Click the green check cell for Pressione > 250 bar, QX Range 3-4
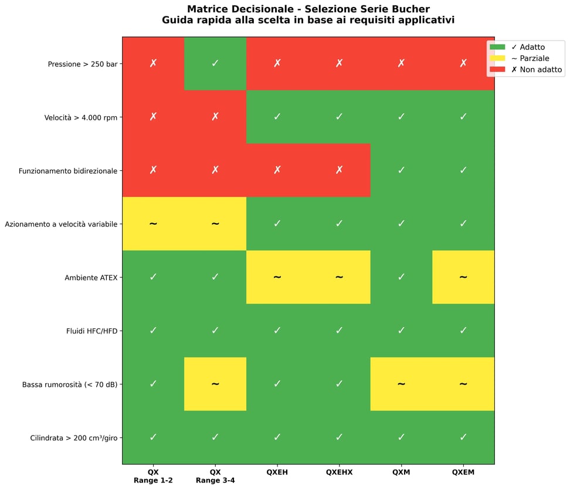(215, 63)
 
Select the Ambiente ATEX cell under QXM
(401, 277)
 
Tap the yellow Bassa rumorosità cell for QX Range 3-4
(215, 384)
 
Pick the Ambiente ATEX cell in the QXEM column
(463, 277)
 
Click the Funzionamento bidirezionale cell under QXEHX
(339, 170)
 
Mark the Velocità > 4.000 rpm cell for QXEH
(277, 117)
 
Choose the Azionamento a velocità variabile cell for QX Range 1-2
(153, 224)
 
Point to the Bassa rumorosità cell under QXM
(401, 384)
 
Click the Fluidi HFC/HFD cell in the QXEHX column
(339, 331)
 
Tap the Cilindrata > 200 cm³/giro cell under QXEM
(463, 437)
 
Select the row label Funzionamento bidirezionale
(68, 171)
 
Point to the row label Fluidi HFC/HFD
(92, 331)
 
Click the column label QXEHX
(339, 472)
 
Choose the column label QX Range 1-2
(153, 475)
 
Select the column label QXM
(401, 472)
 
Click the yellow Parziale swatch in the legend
(497, 59)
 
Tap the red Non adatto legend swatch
(497, 70)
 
